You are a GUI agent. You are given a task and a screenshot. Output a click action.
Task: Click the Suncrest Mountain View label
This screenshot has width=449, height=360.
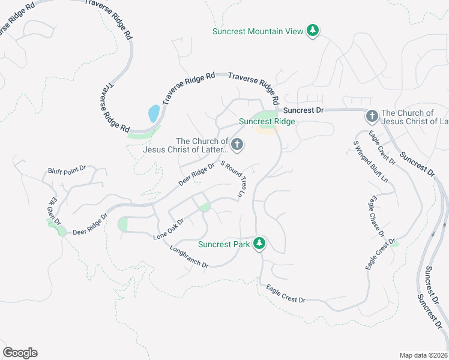coord(259,31)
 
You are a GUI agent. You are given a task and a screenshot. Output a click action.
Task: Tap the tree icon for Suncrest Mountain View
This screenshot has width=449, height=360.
coord(312,31)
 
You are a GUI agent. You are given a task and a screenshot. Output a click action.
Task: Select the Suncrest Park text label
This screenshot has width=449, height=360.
coord(224,244)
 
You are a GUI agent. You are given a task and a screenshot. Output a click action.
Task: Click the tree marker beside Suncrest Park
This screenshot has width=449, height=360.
coord(259,244)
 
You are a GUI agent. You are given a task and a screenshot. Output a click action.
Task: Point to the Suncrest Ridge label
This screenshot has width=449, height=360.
coord(267,121)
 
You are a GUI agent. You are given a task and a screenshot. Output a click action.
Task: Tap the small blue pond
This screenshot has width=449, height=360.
coord(154,113)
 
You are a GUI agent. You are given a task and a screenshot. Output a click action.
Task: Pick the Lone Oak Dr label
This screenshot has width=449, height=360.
coord(168,229)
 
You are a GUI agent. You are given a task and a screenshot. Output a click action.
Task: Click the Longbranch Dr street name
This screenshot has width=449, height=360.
coord(188,256)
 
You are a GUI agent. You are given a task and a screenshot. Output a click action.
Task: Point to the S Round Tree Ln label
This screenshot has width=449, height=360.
coord(234,179)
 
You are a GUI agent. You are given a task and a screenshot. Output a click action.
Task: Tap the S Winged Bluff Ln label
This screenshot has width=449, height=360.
coord(370,161)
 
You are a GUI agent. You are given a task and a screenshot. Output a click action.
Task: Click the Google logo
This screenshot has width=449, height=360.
coord(20,353)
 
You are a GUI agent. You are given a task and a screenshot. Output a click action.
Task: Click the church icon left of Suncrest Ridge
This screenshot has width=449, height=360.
coord(237,144)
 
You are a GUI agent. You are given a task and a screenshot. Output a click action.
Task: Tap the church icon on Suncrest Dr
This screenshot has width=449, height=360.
coord(371,115)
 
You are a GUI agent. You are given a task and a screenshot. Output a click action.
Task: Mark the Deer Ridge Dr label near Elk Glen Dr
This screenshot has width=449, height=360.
coord(89,224)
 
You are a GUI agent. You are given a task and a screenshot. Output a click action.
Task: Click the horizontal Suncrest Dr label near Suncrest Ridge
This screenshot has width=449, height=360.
coord(303,110)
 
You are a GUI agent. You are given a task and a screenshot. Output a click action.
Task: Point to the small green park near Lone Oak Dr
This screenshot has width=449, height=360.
coord(205,208)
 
